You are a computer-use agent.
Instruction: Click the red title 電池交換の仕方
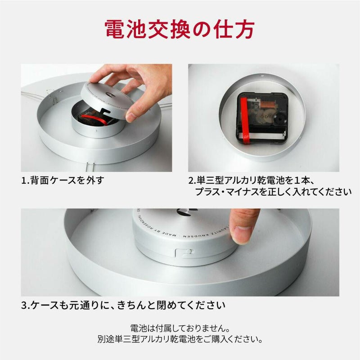tap(180, 29)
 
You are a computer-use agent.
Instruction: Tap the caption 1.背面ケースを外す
tap(63, 180)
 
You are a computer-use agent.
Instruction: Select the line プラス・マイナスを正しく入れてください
tap(273, 192)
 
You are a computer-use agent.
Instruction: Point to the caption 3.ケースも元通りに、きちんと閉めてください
tap(123, 305)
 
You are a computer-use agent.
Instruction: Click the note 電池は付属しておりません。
tap(180, 328)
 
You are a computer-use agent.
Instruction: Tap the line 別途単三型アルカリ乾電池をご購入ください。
tap(180, 339)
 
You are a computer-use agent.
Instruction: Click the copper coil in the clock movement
tap(266, 104)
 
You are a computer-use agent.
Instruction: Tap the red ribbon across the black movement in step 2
tap(245, 121)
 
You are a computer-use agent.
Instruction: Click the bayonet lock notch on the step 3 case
tap(184, 252)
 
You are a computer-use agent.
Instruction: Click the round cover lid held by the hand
tap(108, 100)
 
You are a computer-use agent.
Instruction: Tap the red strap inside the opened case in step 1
tap(94, 119)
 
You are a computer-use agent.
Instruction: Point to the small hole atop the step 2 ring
tap(261, 75)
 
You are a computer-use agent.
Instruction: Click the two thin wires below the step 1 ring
tap(90, 167)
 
